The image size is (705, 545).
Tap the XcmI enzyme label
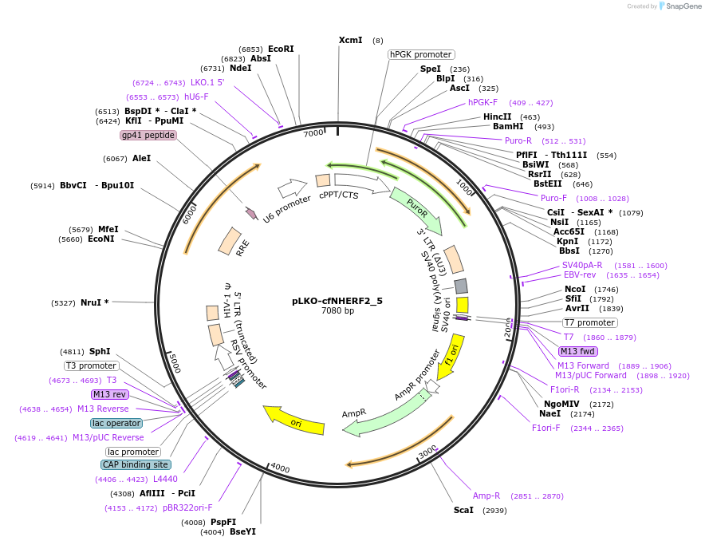(x=350, y=40)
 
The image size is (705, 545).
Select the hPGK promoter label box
(x=421, y=54)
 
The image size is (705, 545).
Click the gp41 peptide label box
(x=148, y=135)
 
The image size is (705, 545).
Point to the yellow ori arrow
(x=294, y=419)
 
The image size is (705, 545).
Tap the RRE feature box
(x=231, y=241)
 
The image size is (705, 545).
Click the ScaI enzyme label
(x=463, y=510)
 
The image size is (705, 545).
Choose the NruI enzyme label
(x=95, y=303)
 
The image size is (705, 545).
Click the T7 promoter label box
(x=589, y=323)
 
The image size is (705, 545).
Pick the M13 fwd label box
(x=578, y=351)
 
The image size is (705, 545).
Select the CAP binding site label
(x=136, y=464)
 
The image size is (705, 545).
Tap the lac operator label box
(x=116, y=423)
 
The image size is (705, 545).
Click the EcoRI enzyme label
(x=281, y=49)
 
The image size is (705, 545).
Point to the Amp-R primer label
(x=486, y=496)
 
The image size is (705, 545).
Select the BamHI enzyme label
(x=508, y=126)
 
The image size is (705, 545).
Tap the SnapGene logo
(x=679, y=6)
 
